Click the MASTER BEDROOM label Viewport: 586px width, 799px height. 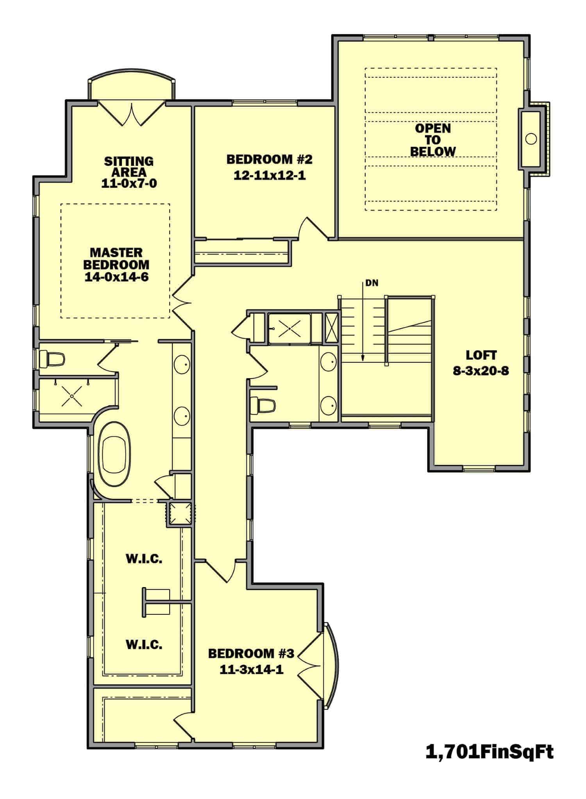click(x=116, y=258)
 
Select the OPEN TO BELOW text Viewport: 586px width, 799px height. click(x=433, y=140)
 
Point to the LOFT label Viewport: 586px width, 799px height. click(x=481, y=355)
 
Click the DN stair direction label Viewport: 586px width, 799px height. click(x=372, y=283)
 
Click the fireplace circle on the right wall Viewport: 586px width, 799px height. click(x=531, y=139)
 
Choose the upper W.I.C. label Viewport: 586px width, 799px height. click(x=144, y=559)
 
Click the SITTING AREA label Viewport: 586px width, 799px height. click(x=129, y=166)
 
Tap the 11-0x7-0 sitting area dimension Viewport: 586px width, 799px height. click(x=129, y=183)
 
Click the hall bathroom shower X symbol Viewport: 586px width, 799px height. click(x=289, y=328)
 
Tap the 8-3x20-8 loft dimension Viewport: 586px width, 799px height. click(x=481, y=371)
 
